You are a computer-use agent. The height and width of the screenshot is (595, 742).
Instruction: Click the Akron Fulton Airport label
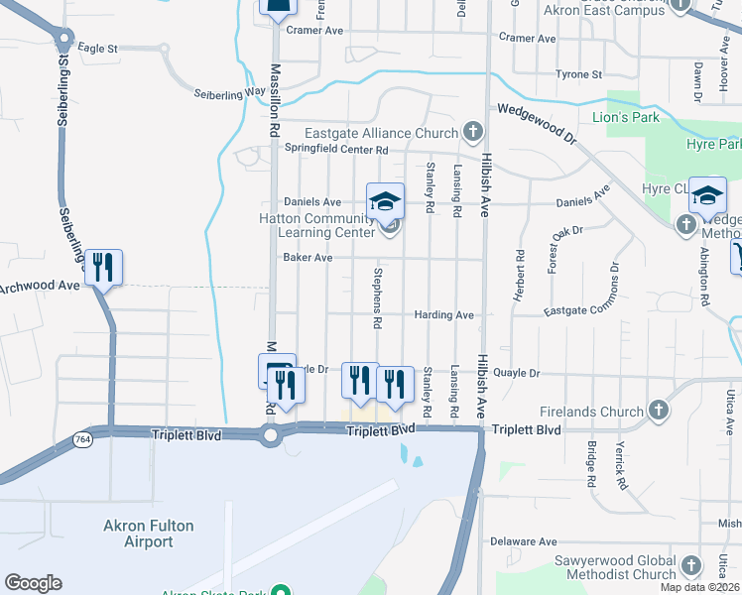149,534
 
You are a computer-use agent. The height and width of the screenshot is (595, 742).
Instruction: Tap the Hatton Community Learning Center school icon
386,202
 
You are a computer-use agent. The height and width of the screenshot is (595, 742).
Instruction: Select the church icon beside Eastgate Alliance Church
474,132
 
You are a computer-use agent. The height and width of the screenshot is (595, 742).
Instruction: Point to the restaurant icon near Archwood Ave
103,268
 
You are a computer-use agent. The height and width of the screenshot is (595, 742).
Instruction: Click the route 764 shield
83,436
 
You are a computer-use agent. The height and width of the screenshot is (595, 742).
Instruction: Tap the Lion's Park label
632,117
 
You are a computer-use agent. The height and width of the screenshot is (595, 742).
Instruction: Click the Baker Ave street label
307,257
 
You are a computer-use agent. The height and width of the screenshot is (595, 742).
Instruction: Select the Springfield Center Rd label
336,149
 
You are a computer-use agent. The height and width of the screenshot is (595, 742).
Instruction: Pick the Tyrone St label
579,74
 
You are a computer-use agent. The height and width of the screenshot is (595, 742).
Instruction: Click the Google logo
33,583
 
